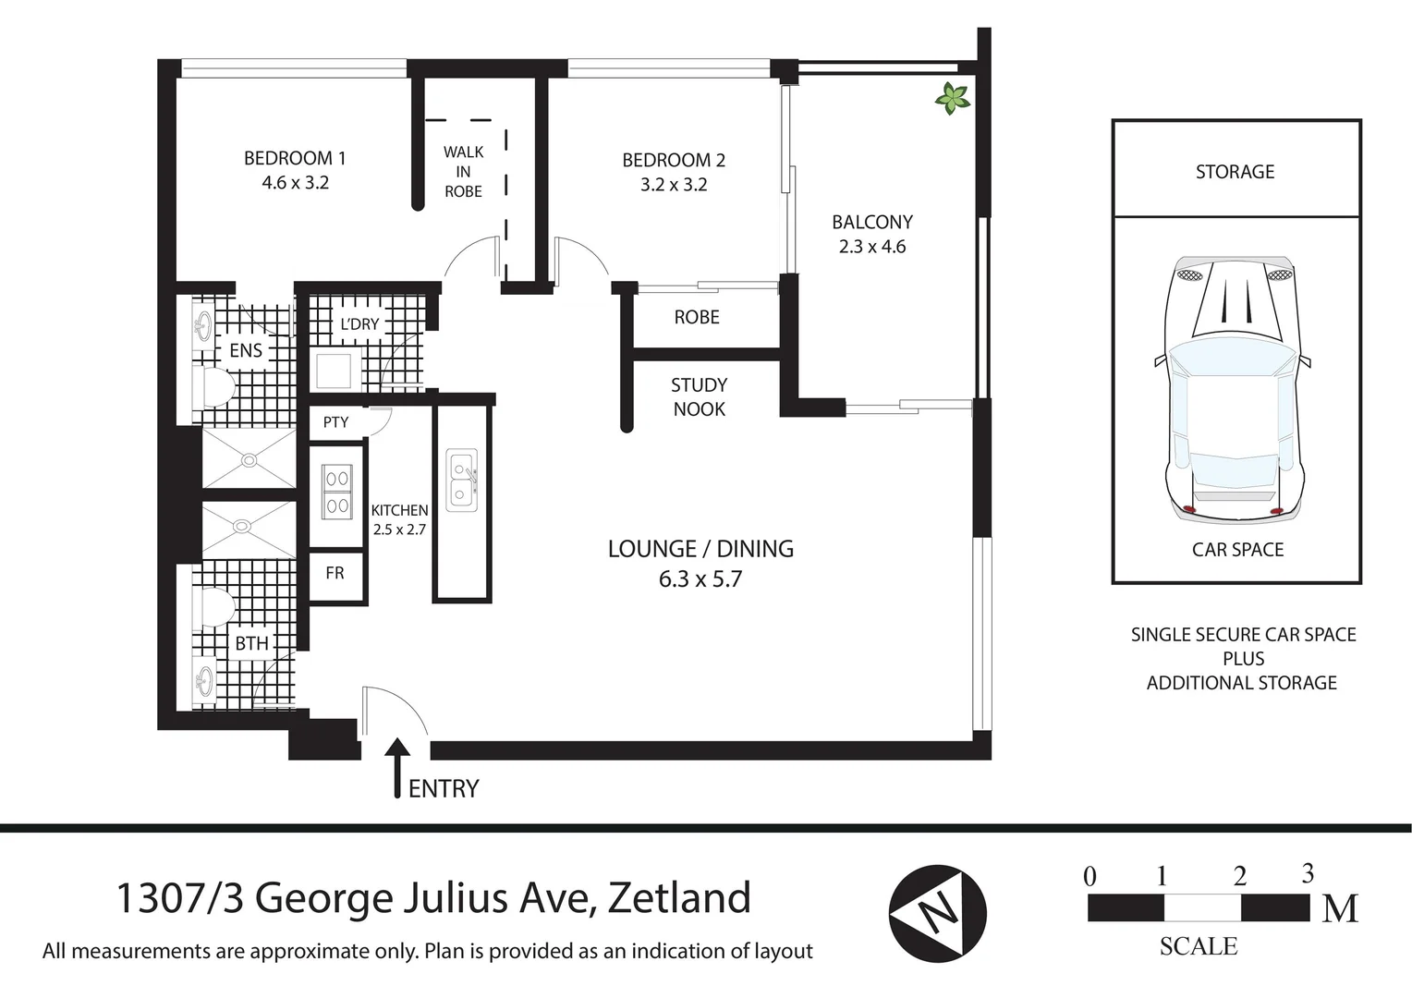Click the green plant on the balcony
click(x=951, y=98)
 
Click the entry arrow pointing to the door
click(x=397, y=766)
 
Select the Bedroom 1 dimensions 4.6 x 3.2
click(x=295, y=183)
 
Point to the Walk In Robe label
click(x=463, y=172)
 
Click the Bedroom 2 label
click(x=674, y=160)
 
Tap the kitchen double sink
click(x=461, y=480)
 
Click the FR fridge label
click(x=335, y=573)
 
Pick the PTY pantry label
click(x=335, y=422)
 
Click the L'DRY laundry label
click(x=359, y=324)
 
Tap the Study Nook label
click(x=699, y=397)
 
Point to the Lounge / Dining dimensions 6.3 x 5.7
click(x=700, y=579)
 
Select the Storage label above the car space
click(x=1235, y=172)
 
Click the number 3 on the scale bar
click(x=1307, y=873)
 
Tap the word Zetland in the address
click(x=678, y=898)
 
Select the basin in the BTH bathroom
click(x=203, y=682)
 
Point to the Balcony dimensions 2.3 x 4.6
click(x=871, y=247)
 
